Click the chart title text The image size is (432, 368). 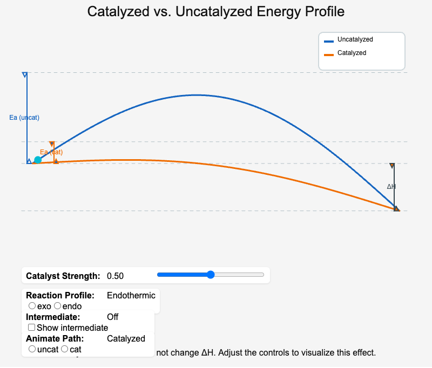[x=215, y=11]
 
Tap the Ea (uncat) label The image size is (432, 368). [x=24, y=118]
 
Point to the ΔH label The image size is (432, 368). [x=391, y=187]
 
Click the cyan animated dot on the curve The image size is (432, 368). [x=38, y=160]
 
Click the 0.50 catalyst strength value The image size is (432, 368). [x=115, y=276]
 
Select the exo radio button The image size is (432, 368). [x=32, y=306]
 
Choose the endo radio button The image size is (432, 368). [x=58, y=306]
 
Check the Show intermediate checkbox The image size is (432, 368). [x=32, y=328]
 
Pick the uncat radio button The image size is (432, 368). [x=32, y=349]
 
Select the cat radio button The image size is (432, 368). [x=65, y=349]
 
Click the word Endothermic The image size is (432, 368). [x=131, y=295]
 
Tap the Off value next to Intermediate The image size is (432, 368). [x=112, y=317]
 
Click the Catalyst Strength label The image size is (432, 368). [x=63, y=276]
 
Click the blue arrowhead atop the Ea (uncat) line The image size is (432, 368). [x=24, y=74]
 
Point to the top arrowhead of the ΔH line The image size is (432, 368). [x=392, y=166]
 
